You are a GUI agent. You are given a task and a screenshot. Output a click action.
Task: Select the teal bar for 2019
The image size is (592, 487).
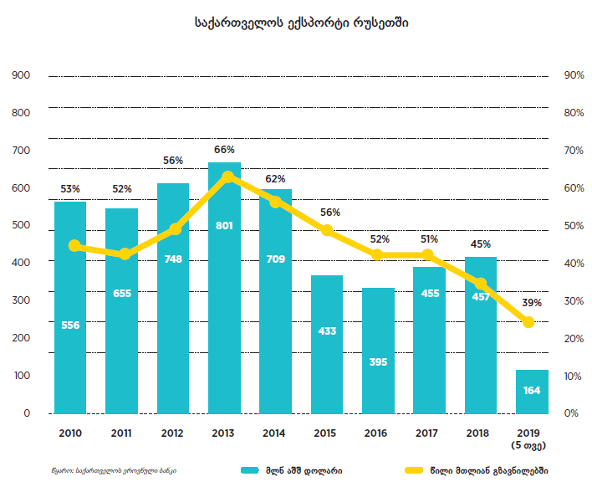coord(533,392)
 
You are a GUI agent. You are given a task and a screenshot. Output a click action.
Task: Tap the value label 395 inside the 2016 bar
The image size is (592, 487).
coord(378,361)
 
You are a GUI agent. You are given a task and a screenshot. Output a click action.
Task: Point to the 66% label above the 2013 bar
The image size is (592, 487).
coord(224,150)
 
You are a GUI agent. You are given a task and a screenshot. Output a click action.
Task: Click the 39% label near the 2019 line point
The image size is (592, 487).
coord(533,302)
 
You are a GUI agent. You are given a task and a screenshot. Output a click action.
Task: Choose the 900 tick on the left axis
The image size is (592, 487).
coord(21,75)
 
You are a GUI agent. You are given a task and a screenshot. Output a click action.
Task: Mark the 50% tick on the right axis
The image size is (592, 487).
coord(574,226)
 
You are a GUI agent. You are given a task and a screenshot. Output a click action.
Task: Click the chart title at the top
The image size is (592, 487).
coord(296,24)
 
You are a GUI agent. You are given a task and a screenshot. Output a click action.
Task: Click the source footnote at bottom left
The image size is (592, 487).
coord(113,470)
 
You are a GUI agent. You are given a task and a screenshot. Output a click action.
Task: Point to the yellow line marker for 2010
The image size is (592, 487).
coord(74,245)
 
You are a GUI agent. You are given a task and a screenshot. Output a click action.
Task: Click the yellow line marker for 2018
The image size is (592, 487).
coord(481,284)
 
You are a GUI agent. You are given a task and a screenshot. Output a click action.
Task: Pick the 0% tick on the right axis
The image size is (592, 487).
coord(574,413)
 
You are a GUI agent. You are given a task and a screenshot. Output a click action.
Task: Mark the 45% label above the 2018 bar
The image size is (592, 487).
coord(481,244)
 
